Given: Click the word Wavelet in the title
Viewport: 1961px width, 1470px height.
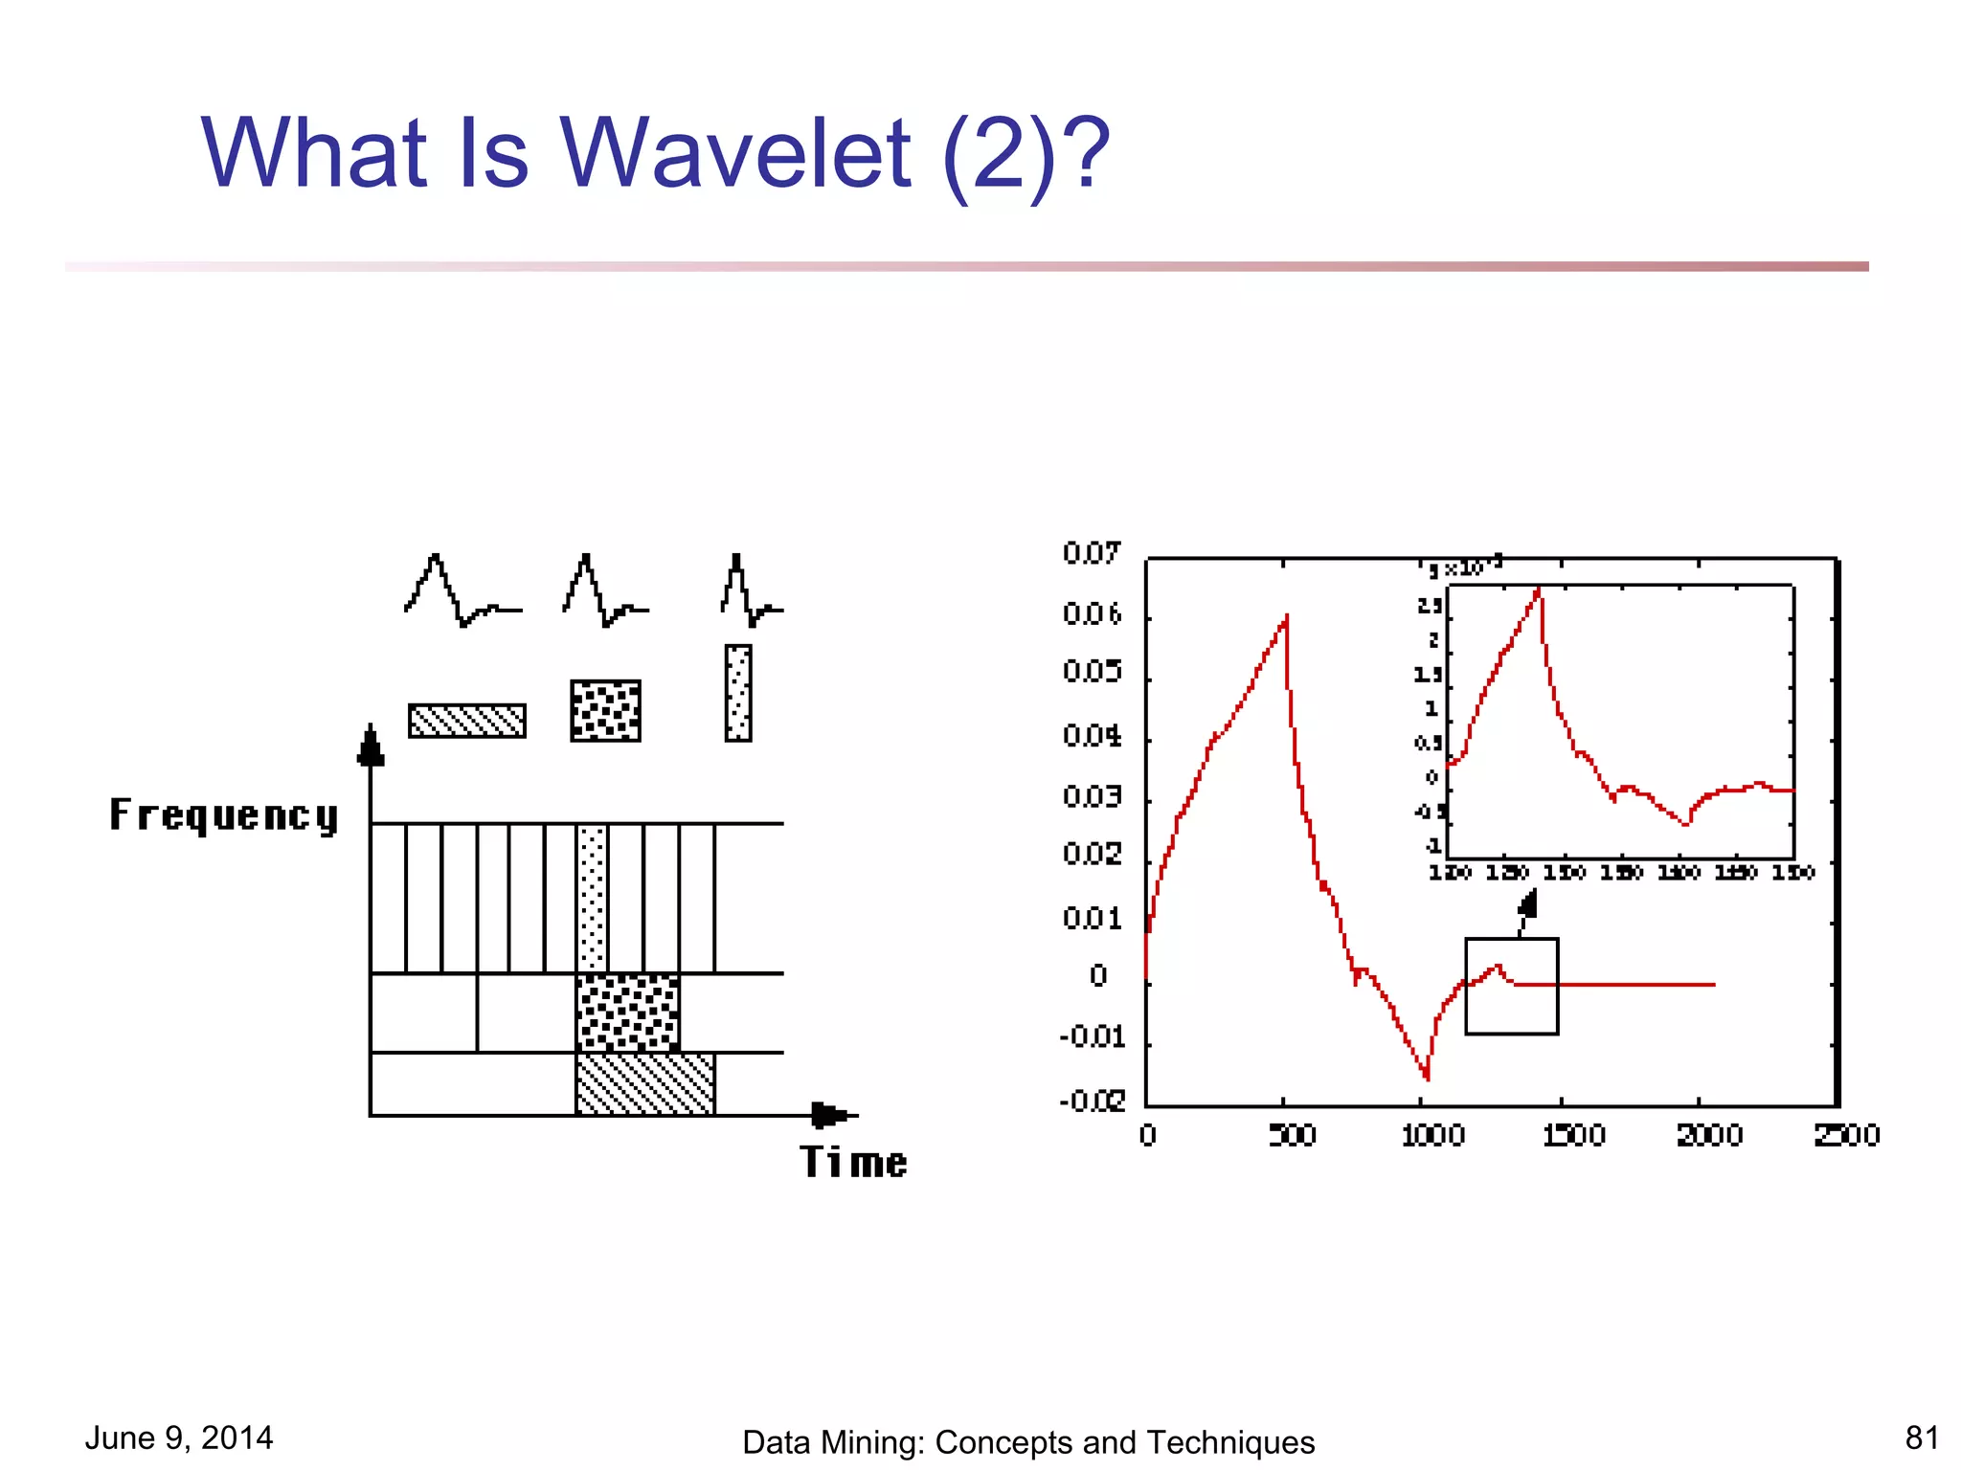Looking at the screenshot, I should click(x=735, y=153).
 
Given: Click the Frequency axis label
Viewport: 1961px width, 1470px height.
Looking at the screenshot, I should click(x=224, y=815).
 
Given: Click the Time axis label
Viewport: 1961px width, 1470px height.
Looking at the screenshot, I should click(x=853, y=1162).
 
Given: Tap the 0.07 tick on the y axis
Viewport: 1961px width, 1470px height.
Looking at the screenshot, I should click(x=1091, y=553).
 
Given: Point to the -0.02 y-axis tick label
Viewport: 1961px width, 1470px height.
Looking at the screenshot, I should click(x=1092, y=1102).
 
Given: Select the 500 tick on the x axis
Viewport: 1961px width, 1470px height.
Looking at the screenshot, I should click(x=1292, y=1136).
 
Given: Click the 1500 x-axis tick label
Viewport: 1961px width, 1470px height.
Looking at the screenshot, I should click(x=1573, y=1136).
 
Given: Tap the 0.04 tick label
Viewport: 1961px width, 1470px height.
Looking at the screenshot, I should click(x=1092, y=736).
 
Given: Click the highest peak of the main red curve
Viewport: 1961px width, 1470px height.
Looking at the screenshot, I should click(x=1286, y=617).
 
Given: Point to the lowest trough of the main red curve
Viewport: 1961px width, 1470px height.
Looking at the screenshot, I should click(x=1427, y=1077).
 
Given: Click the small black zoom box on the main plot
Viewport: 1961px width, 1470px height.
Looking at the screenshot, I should click(x=1511, y=986).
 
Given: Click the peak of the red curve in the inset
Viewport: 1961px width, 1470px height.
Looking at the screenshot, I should click(x=1539, y=590).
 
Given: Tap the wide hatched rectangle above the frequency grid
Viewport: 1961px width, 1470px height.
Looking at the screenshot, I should click(x=467, y=721).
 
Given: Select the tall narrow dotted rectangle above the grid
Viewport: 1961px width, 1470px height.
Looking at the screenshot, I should click(x=738, y=693).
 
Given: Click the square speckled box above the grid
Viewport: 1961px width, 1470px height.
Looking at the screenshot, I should click(x=605, y=710).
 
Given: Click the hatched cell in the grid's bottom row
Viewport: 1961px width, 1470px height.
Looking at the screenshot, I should click(x=644, y=1084).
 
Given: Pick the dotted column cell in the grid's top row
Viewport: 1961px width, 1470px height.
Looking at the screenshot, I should click(x=593, y=898).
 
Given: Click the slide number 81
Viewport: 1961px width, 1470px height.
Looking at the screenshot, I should click(x=1921, y=1437).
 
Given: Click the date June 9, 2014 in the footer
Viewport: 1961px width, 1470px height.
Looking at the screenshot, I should click(x=179, y=1437).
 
